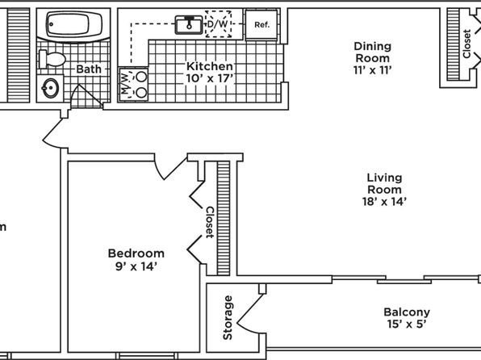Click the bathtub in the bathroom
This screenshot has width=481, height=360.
[x=73, y=24]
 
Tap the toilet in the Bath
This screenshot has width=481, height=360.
[x=52, y=59]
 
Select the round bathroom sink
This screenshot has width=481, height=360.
[x=50, y=88]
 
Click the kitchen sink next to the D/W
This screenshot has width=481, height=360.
[x=189, y=24]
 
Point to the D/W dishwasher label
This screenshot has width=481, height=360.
[x=218, y=24]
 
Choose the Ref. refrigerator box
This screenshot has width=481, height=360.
[x=261, y=24]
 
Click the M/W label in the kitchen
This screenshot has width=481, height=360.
[x=125, y=84]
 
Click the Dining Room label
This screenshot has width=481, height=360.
[x=373, y=52]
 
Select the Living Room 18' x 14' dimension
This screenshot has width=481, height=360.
[x=384, y=202]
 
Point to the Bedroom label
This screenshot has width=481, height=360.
[x=136, y=253]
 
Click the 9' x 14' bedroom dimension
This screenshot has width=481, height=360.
[x=136, y=266]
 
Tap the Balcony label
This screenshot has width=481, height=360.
[x=407, y=312]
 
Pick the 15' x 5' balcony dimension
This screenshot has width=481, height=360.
[x=407, y=324]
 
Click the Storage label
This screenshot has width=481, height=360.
[x=228, y=318]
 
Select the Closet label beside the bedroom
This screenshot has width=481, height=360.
[x=210, y=223]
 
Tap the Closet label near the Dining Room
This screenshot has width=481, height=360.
[x=466, y=44]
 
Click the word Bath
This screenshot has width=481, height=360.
[x=89, y=69]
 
